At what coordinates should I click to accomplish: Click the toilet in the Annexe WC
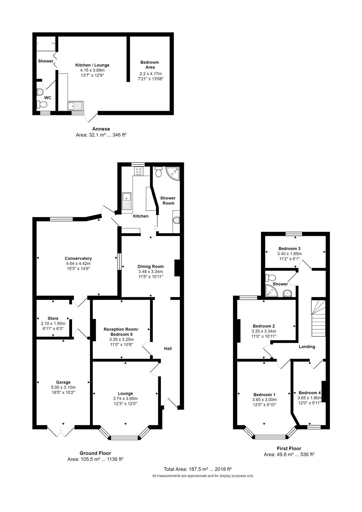click(42, 104)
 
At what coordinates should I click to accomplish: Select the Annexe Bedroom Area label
click(150, 65)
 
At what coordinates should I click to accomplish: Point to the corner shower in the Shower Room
click(174, 173)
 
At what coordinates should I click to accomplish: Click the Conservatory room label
click(78, 258)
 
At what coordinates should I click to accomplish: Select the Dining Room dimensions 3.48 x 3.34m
click(151, 271)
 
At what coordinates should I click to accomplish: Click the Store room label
click(53, 318)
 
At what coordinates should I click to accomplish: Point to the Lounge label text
click(125, 393)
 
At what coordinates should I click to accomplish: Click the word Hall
click(168, 348)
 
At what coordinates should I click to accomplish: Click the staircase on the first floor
click(318, 318)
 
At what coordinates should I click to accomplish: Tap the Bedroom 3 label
click(289, 248)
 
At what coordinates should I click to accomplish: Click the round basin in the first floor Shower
click(287, 292)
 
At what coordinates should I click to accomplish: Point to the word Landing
click(307, 347)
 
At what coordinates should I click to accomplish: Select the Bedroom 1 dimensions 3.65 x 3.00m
click(264, 400)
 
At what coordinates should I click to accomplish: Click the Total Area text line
click(198, 469)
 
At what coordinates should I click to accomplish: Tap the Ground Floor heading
click(95, 453)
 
